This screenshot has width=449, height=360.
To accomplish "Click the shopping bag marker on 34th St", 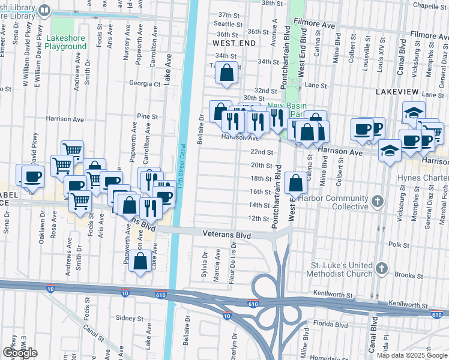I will pyautogui.click(x=227, y=74).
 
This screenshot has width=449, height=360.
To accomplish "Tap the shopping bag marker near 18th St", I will pyautogui.click(x=296, y=183).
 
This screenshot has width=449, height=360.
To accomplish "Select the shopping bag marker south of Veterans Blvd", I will pyautogui.click(x=140, y=262).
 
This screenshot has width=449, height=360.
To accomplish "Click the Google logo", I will pyautogui.click(x=20, y=353).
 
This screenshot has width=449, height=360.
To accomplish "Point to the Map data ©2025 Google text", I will pyautogui.click(x=412, y=355).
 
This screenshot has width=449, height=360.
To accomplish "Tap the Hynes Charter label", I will pyautogui.click(x=424, y=178).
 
